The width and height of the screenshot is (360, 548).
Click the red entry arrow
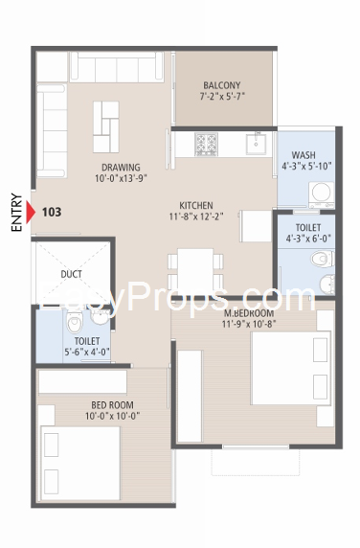click(x=31, y=212)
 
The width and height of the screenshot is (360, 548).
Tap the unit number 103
click(x=52, y=212)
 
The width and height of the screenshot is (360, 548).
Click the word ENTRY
click(x=16, y=212)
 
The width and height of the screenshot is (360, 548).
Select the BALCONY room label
click(x=222, y=85)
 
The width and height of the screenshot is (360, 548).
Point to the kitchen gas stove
click(x=207, y=144)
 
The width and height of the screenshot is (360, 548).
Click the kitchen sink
click(x=256, y=144)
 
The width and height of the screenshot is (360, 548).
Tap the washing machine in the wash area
click(x=322, y=194)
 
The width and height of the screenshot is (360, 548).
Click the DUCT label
click(x=71, y=274)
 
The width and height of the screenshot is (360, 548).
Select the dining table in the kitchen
click(x=195, y=268)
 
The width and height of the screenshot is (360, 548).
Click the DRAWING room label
click(x=121, y=168)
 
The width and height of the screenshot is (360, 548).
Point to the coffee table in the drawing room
click(x=106, y=126)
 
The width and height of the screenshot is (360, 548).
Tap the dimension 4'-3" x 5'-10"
click(x=306, y=166)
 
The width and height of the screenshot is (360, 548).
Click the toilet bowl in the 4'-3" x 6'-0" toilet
click(x=323, y=259)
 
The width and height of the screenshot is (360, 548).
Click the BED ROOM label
click(x=112, y=405)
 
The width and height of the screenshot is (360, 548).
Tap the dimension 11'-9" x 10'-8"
click(x=249, y=324)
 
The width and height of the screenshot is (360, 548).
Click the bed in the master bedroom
click(x=290, y=368)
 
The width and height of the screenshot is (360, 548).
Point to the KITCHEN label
click(x=196, y=205)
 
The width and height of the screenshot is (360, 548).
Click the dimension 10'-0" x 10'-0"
click(x=112, y=416)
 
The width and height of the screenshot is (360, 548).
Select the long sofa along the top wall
click(x=117, y=67)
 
